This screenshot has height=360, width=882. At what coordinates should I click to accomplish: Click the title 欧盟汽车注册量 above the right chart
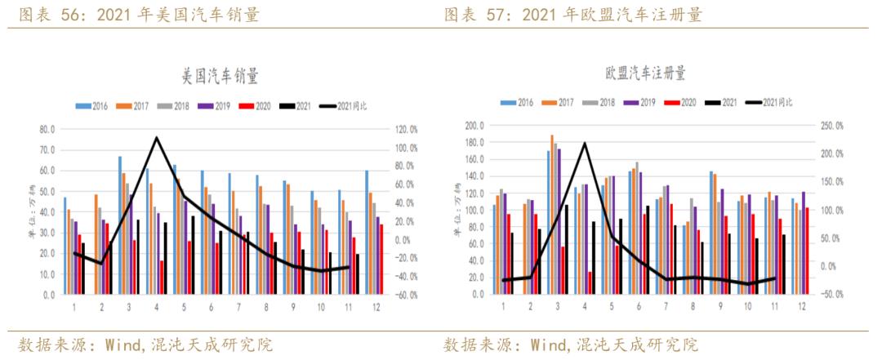pyautogui.click(x=645, y=73)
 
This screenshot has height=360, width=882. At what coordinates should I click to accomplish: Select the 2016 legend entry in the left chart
pyautogui.click(x=92, y=106)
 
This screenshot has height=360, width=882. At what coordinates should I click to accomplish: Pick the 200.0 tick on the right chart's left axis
pyautogui.click(x=474, y=127)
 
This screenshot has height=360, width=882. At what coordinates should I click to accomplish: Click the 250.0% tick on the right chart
pyautogui.click(x=832, y=127)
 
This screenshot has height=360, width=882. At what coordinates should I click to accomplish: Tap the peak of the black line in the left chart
pyautogui.click(x=156, y=137)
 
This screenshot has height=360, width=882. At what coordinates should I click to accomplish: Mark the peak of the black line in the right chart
pyautogui.click(x=585, y=143)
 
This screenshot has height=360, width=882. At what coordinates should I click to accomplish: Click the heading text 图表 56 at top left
pyautogui.click(x=46, y=15)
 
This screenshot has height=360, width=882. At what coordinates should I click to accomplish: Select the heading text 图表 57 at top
pyautogui.click(x=472, y=15)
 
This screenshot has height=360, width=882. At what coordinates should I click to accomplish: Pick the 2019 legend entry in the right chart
pyautogui.click(x=640, y=102)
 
